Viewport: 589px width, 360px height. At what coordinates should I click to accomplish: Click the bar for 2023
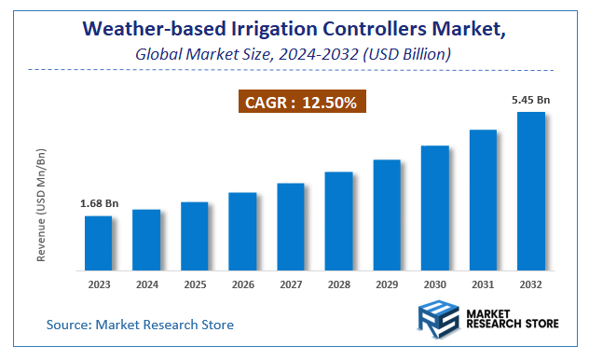[x=98, y=243]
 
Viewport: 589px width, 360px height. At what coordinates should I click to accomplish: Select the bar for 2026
[x=242, y=231]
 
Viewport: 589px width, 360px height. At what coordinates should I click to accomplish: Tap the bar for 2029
[x=387, y=215]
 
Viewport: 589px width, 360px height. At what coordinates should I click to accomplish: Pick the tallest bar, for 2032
[x=531, y=191]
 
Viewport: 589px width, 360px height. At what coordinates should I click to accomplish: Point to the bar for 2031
[x=483, y=200]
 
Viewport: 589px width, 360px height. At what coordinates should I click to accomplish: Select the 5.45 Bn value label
[x=530, y=98]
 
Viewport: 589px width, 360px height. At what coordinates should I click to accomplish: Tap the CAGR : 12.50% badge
[x=301, y=102]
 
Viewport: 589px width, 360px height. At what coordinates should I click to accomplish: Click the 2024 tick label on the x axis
[x=146, y=284]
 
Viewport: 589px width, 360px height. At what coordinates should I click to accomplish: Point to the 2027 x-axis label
[x=291, y=284]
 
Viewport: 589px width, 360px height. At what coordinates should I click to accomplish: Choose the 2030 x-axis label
[x=435, y=284]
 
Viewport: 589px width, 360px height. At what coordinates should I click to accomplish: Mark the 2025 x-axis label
[x=194, y=284]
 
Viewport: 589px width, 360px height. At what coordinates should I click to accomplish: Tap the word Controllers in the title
[x=359, y=30]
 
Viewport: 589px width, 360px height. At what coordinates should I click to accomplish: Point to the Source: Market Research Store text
[x=140, y=325]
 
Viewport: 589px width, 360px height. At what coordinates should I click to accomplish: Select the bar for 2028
[x=338, y=221]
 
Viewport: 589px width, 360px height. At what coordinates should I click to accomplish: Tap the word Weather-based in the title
[x=141, y=30]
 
